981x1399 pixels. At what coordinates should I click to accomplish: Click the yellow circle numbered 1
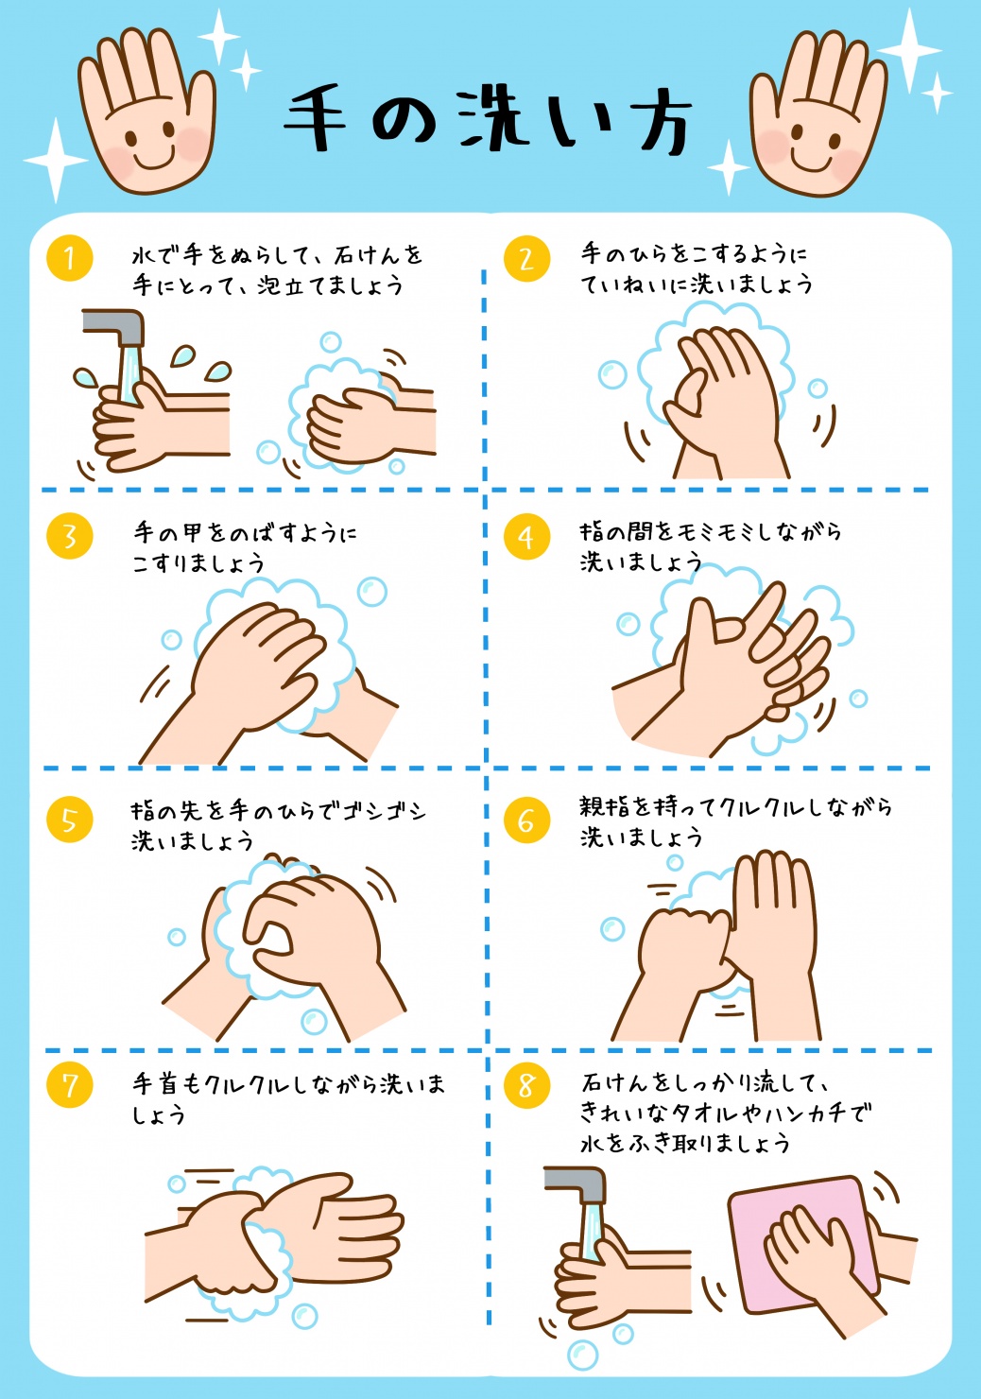click(69, 258)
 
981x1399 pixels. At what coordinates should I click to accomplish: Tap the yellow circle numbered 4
click(526, 537)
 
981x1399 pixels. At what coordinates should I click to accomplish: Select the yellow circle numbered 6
click(526, 820)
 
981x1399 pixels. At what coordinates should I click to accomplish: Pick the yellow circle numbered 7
click(69, 1085)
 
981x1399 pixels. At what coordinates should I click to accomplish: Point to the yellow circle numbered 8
click(526, 1085)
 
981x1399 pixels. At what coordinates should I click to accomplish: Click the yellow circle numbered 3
click(69, 537)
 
